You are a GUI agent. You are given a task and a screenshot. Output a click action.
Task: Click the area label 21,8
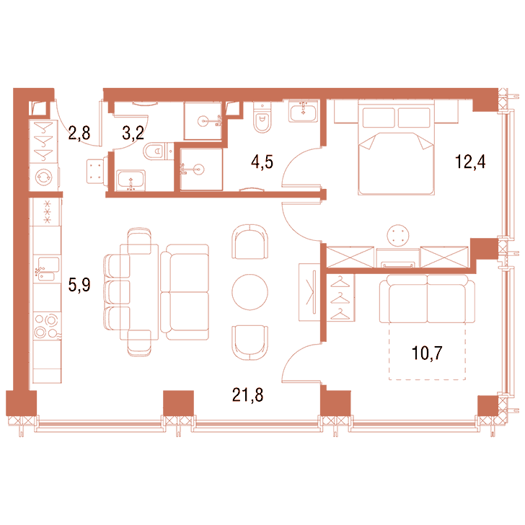click(247, 395)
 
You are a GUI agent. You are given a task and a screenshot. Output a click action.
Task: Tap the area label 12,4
click(470, 162)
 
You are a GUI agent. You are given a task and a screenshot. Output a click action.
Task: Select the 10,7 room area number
click(427, 353)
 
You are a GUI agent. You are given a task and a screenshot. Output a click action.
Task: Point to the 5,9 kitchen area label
click(79, 285)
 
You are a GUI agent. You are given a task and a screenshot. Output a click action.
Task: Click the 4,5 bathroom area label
click(262, 162)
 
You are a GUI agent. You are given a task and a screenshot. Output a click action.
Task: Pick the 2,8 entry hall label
click(79, 133)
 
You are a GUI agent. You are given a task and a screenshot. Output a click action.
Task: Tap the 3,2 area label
click(133, 133)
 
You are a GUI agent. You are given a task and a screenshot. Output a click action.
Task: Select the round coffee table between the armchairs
click(250, 292)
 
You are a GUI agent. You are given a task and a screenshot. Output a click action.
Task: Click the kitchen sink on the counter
click(48, 269)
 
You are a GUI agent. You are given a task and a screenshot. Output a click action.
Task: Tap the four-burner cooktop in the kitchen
click(47, 326)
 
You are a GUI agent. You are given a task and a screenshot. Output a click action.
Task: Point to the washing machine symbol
click(44, 177)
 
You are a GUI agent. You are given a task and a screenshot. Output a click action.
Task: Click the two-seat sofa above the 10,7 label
click(427, 299)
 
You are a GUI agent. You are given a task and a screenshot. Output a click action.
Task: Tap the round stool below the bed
click(398, 235)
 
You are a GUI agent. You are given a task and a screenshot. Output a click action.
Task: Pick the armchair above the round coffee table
click(250, 242)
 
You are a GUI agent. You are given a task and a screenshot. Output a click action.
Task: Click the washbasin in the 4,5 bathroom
click(303, 112)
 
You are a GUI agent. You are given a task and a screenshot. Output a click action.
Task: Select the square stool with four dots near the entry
click(95, 171)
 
